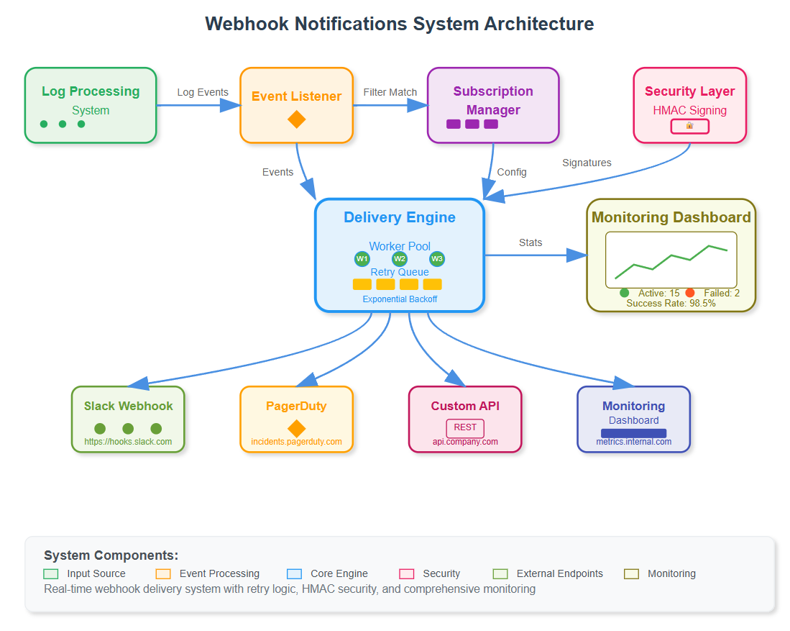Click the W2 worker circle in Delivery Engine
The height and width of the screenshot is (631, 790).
pos(400,259)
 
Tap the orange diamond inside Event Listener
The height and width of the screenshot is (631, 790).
pos(296,119)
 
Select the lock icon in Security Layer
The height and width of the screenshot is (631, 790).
pos(689,126)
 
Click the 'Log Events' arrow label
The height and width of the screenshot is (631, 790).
pos(203,92)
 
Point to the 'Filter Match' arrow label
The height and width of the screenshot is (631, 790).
pos(390,92)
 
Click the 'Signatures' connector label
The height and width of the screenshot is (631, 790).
pos(587,163)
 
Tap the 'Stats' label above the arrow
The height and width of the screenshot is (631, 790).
pos(531,242)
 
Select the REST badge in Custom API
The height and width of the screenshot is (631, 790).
pos(465,427)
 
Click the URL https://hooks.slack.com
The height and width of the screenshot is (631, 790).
pos(128,442)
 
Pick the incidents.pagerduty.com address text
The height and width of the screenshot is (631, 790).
pos(296,442)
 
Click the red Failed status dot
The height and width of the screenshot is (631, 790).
pos(690,293)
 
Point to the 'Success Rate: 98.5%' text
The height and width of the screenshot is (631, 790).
pos(671,304)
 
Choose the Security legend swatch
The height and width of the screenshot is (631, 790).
pos(407,574)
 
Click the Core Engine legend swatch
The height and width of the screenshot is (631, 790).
pos(294,574)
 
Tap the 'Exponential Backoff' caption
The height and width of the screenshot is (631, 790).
pos(400,299)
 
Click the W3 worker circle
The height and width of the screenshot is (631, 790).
pos(437,259)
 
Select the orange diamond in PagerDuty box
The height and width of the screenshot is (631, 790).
pos(296,428)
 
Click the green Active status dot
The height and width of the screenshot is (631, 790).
pos(624,293)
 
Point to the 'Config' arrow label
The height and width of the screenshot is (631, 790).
pos(512,172)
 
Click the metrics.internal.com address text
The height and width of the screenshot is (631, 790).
pos(633,442)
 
